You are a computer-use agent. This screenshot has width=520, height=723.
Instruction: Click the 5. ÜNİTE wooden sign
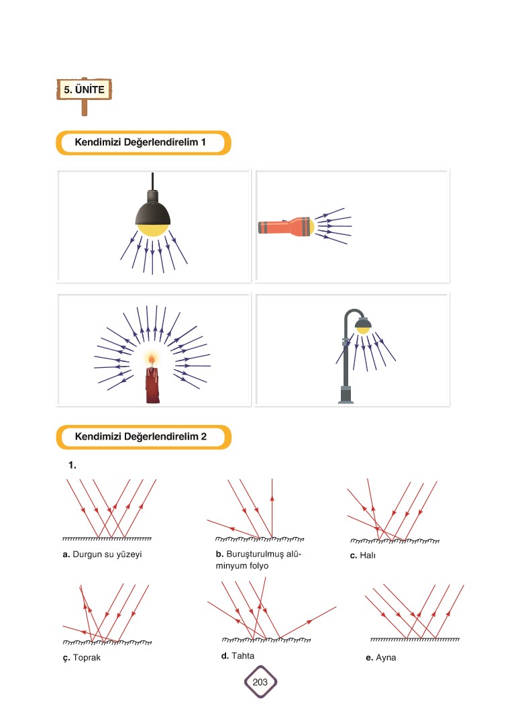[84, 89]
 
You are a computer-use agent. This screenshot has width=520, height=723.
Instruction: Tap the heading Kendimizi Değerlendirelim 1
[140, 142]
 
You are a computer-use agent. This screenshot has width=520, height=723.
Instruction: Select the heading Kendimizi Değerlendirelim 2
[141, 436]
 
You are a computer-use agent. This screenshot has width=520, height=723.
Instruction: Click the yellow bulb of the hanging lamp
[152, 229]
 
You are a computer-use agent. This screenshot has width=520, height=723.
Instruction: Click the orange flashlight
[286, 227]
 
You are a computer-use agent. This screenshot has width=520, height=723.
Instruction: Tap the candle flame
[152, 358]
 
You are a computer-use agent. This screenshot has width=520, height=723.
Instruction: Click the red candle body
[152, 385]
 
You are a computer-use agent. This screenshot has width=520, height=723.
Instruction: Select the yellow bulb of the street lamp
[363, 330]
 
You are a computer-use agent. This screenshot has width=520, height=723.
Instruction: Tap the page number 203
[260, 682]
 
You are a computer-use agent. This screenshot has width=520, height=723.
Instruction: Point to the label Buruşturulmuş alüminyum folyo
[258, 560]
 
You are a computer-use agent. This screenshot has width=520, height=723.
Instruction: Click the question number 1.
[72, 465]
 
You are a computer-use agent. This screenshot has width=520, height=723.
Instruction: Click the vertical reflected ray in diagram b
[272, 508]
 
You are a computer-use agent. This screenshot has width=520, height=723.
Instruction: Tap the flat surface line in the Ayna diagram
[415, 640]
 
